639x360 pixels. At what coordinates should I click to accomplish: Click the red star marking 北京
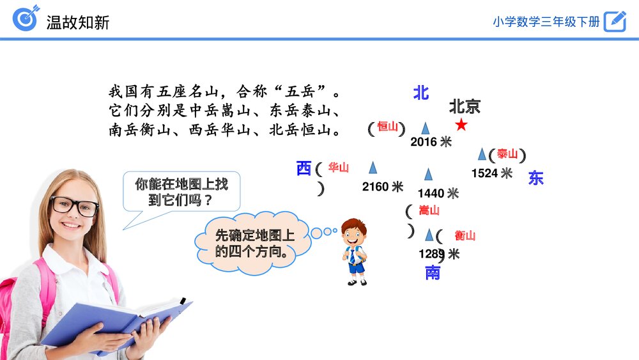461,125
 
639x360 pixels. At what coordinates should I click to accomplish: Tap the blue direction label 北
420,93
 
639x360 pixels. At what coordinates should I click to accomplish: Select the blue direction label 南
433,273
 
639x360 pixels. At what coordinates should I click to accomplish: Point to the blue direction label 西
304,169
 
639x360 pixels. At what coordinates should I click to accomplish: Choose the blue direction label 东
535,178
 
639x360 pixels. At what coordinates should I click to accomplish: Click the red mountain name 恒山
387,127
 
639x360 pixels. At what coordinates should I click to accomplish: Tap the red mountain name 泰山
507,154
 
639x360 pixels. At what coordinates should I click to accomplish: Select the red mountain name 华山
339,168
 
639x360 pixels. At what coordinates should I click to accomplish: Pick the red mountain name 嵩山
429,210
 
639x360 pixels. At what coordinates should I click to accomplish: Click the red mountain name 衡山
465,235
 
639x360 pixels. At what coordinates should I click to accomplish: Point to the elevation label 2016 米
431,142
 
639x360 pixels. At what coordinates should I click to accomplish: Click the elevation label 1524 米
491,173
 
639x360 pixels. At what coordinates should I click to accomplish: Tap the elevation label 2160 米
382,187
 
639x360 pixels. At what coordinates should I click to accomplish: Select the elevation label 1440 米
438,193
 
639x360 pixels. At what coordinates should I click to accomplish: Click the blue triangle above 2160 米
373,168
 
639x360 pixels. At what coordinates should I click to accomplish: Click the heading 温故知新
78,22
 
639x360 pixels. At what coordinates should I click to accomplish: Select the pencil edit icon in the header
615,21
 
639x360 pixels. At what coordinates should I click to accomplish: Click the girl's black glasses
75,206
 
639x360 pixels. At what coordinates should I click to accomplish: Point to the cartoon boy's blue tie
353,256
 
